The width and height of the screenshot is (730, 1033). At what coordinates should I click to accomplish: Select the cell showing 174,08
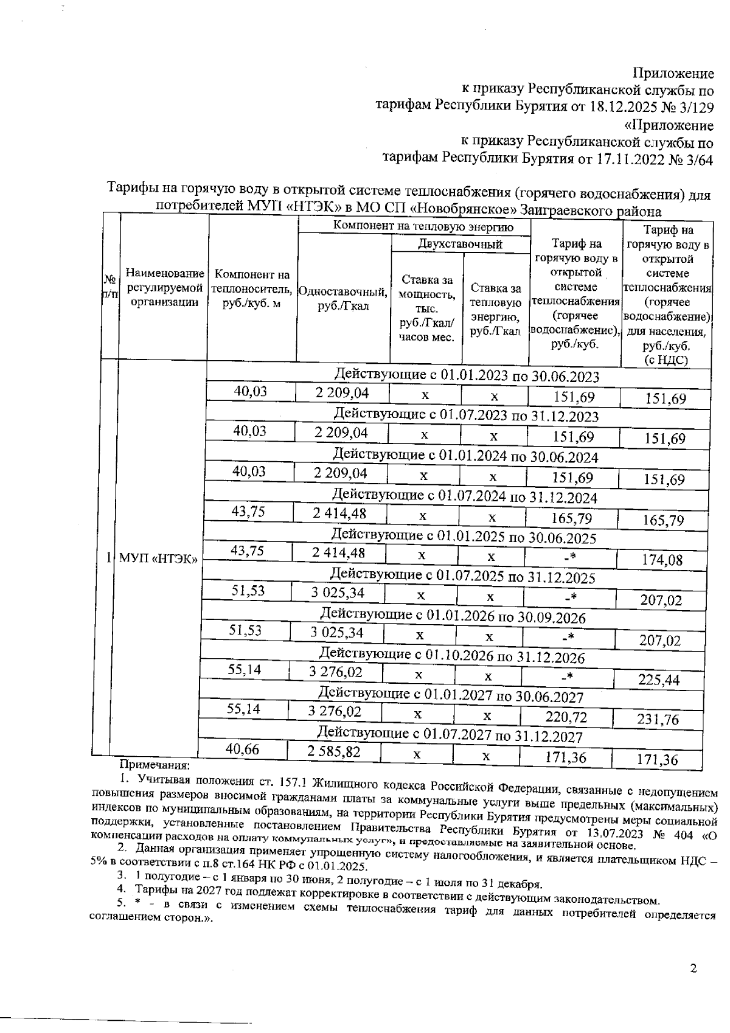pyautogui.click(x=662, y=560)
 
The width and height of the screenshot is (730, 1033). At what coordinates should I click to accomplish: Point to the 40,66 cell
pyautogui.click(x=242, y=750)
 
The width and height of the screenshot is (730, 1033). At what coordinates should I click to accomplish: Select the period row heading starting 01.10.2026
pyautogui.click(x=451, y=657)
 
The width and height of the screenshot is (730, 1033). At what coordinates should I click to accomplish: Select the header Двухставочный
pyautogui.click(x=460, y=244)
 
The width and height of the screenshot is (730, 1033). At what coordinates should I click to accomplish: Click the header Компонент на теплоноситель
pyautogui.click(x=252, y=289)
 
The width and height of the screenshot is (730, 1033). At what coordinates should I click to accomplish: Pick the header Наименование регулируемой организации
pyautogui.click(x=164, y=288)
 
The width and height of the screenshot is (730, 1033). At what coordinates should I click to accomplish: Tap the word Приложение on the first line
pyautogui.click(x=673, y=74)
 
